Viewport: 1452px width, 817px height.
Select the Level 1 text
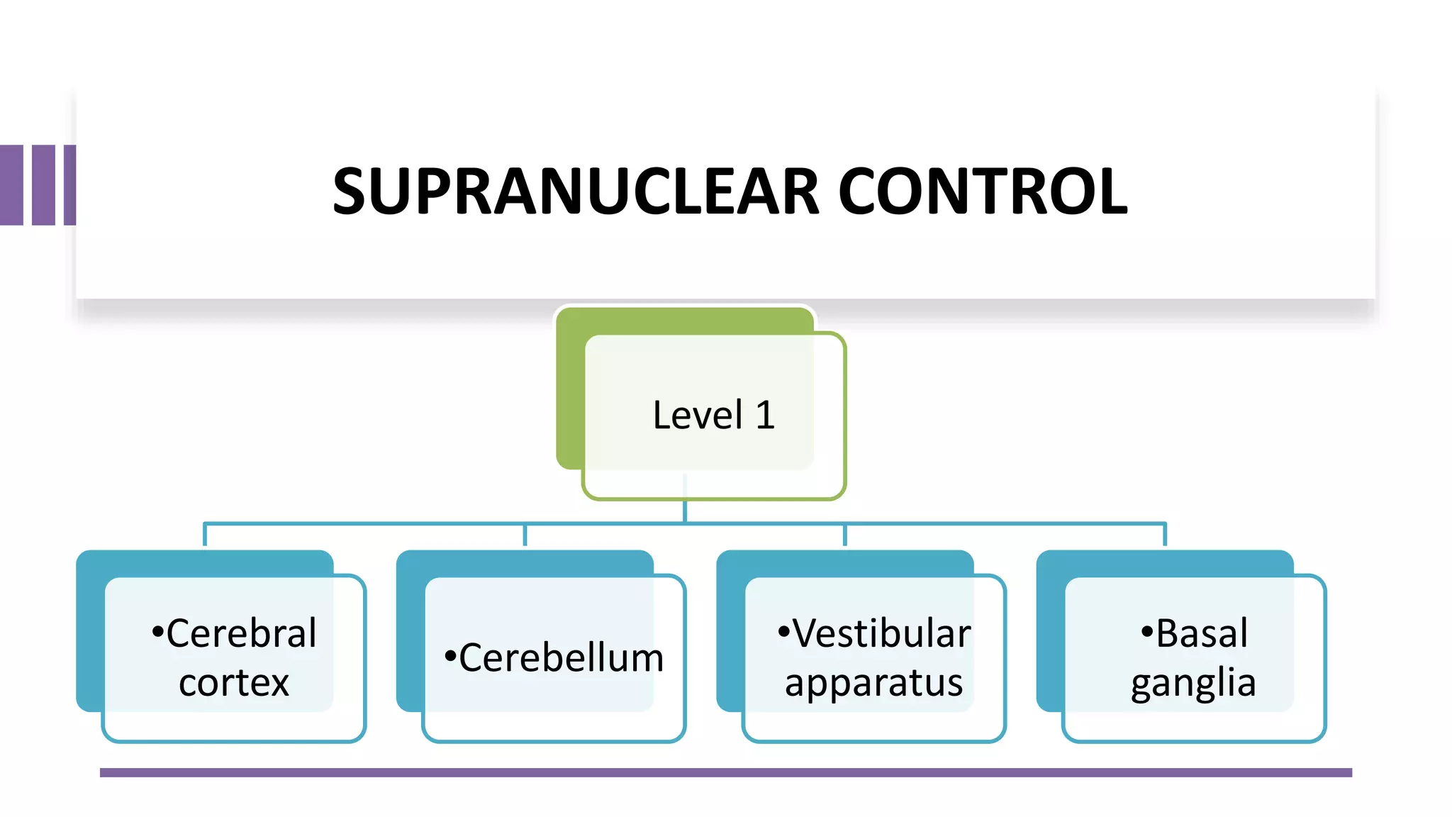click(x=713, y=415)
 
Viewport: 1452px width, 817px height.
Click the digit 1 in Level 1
click(x=765, y=415)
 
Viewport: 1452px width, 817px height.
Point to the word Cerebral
click(x=241, y=633)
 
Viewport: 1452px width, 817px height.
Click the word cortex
click(x=234, y=682)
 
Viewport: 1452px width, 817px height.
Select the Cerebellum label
click(x=561, y=657)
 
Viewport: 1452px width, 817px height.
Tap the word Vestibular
click(x=881, y=633)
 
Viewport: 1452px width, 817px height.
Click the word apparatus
click(x=873, y=684)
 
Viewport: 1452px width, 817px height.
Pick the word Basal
click(x=1202, y=633)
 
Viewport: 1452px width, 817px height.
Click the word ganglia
click(x=1193, y=684)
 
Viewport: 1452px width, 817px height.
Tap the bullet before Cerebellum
click(x=450, y=656)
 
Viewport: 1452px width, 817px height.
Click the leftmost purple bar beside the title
click(x=11, y=185)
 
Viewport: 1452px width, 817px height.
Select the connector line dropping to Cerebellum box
click(x=525, y=535)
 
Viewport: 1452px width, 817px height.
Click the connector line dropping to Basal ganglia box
click(x=1165, y=535)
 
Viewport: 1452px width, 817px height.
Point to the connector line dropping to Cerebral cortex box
click(x=205, y=535)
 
